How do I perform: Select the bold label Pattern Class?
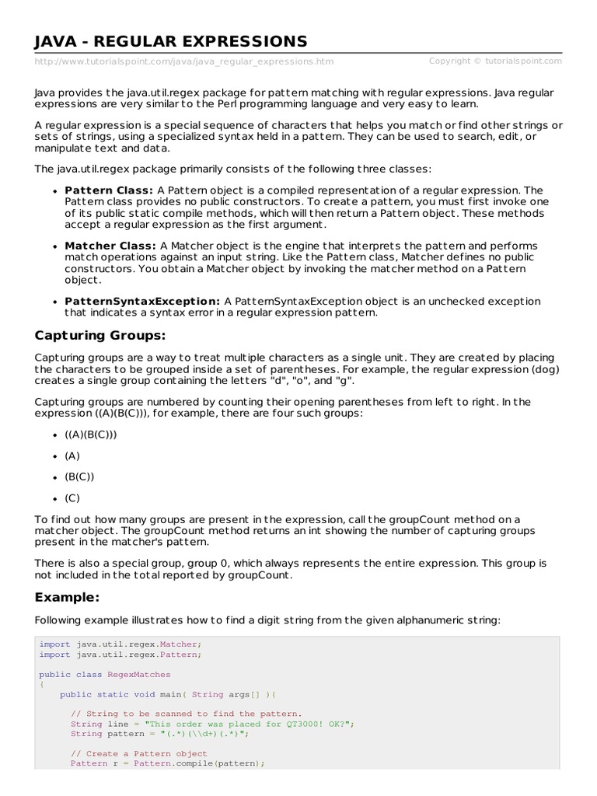(x=109, y=190)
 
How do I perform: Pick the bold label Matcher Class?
(x=110, y=246)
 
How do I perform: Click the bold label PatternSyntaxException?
(x=142, y=301)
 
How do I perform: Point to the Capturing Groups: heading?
(x=100, y=336)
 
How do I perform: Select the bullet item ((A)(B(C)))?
(x=91, y=435)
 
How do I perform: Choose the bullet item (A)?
(x=72, y=456)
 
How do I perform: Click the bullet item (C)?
(x=72, y=497)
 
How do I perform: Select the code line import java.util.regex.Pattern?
(x=120, y=655)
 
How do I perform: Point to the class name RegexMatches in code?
(x=139, y=674)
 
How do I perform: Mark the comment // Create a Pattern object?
(x=139, y=753)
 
